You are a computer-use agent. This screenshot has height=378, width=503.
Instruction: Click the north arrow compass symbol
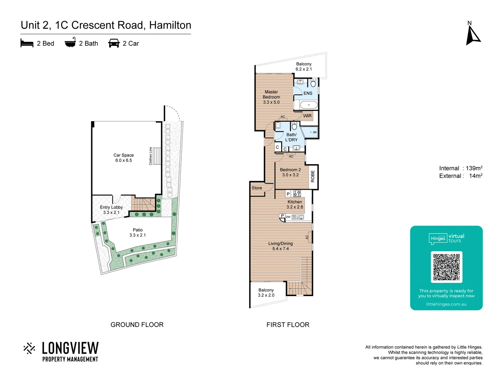pyautogui.click(x=473, y=35)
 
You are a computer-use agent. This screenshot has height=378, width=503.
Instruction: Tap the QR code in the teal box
pyautogui.click(x=446, y=267)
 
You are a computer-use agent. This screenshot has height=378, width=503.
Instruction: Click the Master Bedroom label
pyautogui.click(x=271, y=97)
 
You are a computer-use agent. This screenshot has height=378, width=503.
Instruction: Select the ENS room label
pyautogui.click(x=308, y=93)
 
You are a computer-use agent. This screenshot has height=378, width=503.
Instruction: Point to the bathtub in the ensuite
pyautogui.click(x=309, y=105)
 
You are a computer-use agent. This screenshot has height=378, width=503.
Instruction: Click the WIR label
pyautogui.click(x=307, y=116)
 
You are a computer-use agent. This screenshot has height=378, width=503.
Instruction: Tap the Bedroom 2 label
pyautogui.click(x=290, y=172)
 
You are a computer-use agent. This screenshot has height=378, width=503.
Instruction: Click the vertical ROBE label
pyautogui.click(x=313, y=176)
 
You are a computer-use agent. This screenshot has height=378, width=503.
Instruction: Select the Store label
pyautogui.click(x=257, y=188)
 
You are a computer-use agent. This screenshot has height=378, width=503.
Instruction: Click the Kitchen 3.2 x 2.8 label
pyautogui.click(x=295, y=204)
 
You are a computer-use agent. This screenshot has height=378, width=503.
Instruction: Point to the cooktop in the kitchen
pyautogui.click(x=297, y=194)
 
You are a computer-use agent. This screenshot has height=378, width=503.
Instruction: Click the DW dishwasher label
pyautogui.click(x=288, y=217)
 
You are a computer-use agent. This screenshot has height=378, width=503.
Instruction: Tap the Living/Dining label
pyautogui.click(x=280, y=246)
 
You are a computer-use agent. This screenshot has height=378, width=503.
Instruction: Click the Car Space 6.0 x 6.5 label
pyautogui.click(x=124, y=157)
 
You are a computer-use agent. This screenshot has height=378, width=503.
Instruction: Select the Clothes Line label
pyautogui.click(x=151, y=156)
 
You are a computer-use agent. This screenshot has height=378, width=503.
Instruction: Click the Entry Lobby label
pyautogui.click(x=111, y=210)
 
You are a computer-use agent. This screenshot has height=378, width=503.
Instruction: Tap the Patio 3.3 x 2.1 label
pyautogui.click(x=138, y=232)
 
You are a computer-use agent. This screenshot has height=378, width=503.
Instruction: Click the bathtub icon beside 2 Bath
pyautogui.click(x=70, y=43)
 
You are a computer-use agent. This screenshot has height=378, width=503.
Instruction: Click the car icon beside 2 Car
pyautogui.click(x=114, y=43)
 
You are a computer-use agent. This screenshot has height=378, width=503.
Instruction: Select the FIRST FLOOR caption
pyautogui.click(x=288, y=325)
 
